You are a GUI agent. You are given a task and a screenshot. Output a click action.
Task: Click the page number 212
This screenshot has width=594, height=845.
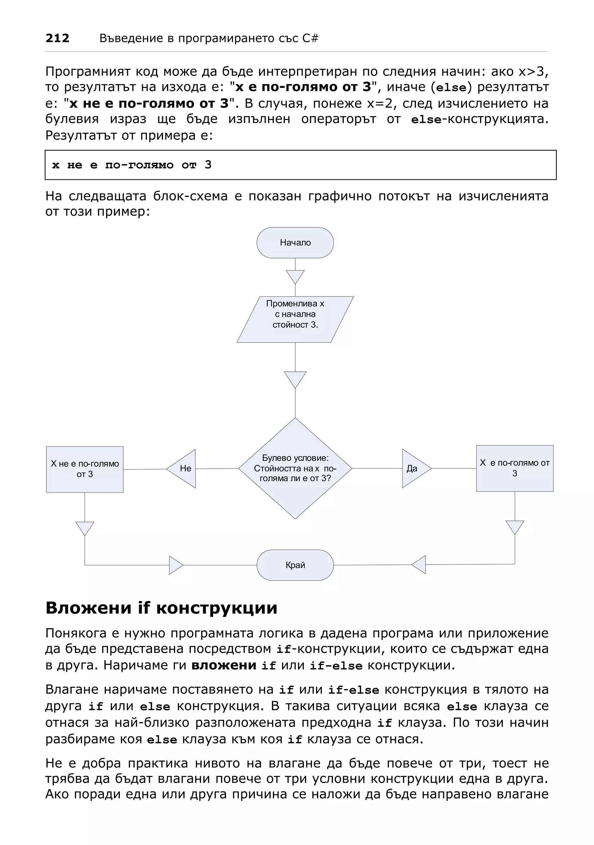57,38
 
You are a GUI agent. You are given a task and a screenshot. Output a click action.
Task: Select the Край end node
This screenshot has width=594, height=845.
295,565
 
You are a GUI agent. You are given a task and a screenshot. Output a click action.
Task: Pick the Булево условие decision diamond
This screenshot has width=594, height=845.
295,468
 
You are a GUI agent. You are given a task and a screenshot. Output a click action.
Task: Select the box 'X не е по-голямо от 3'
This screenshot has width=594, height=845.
85,469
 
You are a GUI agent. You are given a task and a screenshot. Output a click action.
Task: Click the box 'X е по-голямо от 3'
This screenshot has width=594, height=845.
515,468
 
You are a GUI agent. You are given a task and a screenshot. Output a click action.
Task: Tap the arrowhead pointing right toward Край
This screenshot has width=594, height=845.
175,565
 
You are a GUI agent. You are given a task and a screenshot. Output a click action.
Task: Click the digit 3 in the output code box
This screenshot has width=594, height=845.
208,165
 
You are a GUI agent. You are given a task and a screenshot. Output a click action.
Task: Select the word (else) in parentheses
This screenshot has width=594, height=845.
451,88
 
